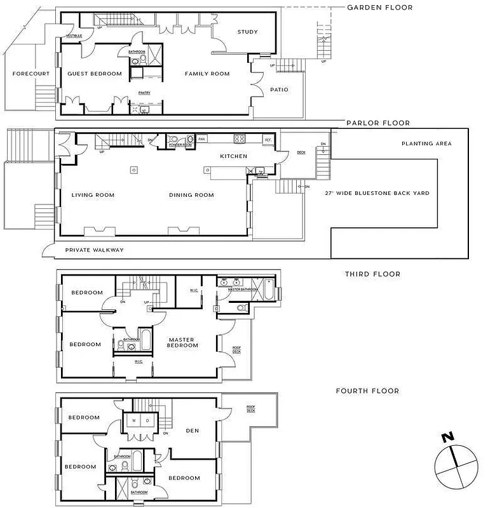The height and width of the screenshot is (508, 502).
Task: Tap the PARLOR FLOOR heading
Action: click(377, 123)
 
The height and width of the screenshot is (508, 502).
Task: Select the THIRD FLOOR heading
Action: click(373, 274)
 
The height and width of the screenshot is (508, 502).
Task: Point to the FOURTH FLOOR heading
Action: click(367, 391)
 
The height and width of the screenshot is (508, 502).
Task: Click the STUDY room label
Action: click(247, 32)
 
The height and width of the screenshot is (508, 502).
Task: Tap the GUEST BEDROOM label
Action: click(95, 74)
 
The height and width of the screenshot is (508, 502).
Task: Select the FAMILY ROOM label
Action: click(207, 74)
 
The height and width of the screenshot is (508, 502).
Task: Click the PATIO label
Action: click(279, 90)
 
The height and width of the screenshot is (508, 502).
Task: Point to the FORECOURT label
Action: click(27, 74)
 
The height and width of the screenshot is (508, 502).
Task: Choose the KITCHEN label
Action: click(233, 156)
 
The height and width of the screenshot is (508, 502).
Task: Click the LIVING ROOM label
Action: click(93, 195)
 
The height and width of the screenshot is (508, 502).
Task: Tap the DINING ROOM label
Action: click(191, 195)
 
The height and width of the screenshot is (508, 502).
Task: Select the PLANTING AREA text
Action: click(426, 144)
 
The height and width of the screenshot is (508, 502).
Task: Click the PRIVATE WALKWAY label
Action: click(95, 250)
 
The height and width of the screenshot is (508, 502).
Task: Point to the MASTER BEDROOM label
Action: click(182, 342)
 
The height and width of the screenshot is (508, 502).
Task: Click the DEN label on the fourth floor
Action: click(192, 431)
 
